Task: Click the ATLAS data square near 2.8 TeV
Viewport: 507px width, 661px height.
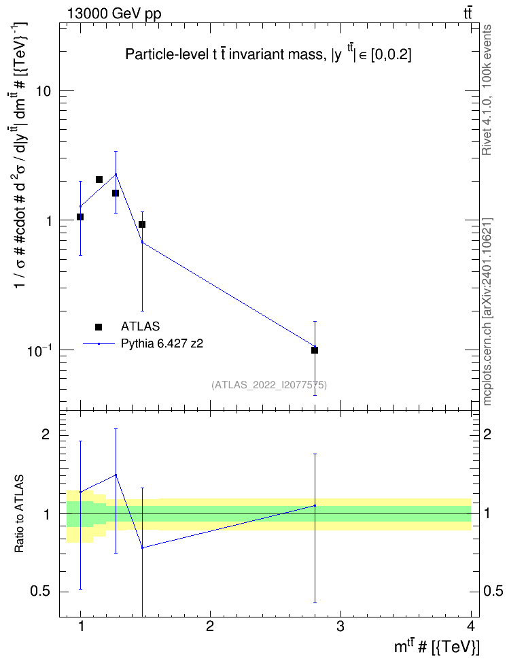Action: pyautogui.click(x=315, y=350)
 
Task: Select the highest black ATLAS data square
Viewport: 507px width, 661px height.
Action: pyautogui.click(x=99, y=180)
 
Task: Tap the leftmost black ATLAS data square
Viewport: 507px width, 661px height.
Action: pyautogui.click(x=80, y=217)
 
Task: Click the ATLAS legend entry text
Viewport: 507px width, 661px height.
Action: pyautogui.click(x=140, y=326)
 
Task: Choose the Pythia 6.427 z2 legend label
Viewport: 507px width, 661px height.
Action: pyautogui.click(x=162, y=343)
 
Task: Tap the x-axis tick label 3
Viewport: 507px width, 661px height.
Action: pyautogui.click(x=340, y=626)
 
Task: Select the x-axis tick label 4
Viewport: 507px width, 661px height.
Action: pyautogui.click(x=471, y=626)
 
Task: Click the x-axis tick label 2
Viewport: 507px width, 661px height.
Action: pyautogui.click(x=209, y=626)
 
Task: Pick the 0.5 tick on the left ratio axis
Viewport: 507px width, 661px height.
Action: pyautogui.click(x=40, y=592)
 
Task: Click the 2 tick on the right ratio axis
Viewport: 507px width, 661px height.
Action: pyautogui.click(x=487, y=434)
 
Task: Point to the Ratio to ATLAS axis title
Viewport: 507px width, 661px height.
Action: pyautogui.click(x=19, y=514)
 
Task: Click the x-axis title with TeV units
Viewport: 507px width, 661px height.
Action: pyautogui.click(x=436, y=646)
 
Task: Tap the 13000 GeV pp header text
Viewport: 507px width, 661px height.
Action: pyautogui.click(x=114, y=14)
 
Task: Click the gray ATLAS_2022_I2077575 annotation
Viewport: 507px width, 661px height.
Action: pyautogui.click(x=269, y=385)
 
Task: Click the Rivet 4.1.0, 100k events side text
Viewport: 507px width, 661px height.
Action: pyautogui.click(x=487, y=90)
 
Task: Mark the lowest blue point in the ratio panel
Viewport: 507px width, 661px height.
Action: pyautogui.click(x=143, y=547)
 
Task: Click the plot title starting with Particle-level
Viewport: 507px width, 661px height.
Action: pyautogui.click(x=268, y=54)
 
